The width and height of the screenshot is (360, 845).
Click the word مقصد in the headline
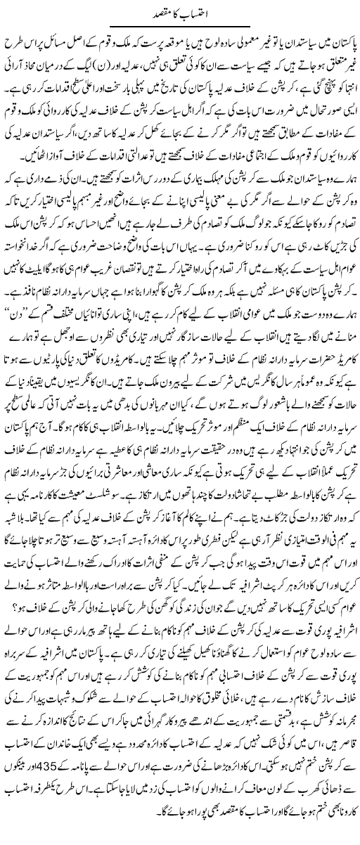(162, 12)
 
